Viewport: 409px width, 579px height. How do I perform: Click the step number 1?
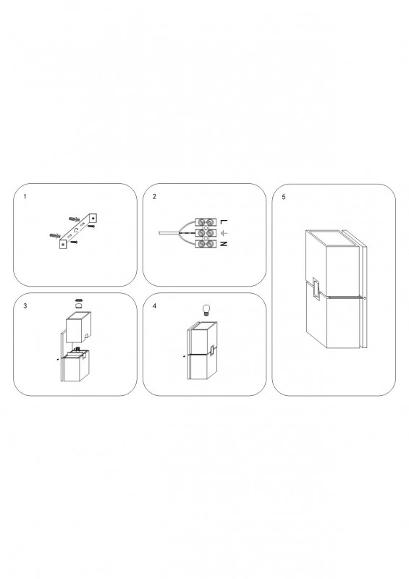tap(25, 197)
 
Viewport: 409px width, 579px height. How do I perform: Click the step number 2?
tap(154, 197)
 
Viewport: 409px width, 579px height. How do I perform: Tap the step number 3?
tap(25, 306)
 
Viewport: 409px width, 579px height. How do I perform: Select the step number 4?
tap(154, 306)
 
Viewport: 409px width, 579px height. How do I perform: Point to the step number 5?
tap(284, 197)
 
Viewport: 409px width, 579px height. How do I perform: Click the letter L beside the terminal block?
tap(224, 221)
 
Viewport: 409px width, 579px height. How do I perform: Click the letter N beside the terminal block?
tap(224, 244)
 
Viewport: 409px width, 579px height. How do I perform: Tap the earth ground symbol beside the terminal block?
tap(223, 233)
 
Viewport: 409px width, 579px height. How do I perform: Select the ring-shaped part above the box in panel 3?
tap(78, 300)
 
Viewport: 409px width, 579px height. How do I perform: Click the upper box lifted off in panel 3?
tap(78, 328)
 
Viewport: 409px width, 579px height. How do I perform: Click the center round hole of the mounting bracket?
tap(77, 229)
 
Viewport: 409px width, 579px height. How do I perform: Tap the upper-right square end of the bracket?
tap(93, 217)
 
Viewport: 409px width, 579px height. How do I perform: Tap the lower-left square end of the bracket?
tap(64, 244)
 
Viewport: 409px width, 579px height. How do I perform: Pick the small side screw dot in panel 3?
tap(57, 358)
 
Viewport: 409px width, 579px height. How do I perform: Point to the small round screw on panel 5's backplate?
tap(365, 298)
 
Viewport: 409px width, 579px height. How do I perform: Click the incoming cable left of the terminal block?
tap(169, 233)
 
